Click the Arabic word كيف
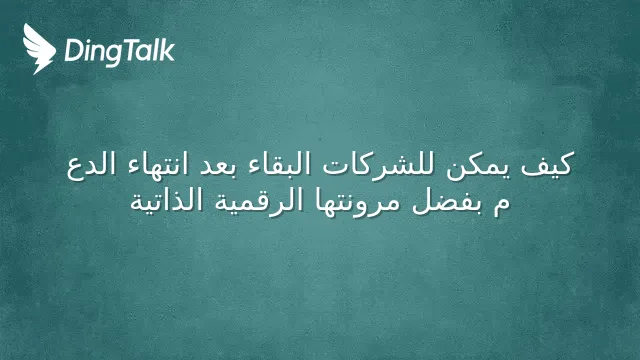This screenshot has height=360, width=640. (547, 165)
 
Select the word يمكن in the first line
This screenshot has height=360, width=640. (478, 167)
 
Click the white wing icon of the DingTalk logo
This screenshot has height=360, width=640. (39, 49)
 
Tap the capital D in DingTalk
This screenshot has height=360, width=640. (73, 51)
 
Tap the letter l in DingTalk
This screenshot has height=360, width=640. (154, 50)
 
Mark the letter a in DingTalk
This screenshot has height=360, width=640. (142, 54)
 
